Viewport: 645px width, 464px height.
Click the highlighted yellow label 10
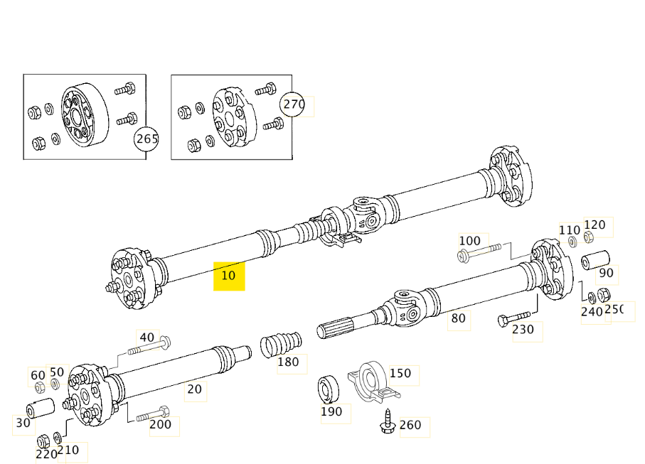tap(229, 276)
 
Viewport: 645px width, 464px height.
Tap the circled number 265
tap(146, 139)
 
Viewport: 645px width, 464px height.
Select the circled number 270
tap(293, 105)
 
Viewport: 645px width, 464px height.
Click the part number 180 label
tap(288, 362)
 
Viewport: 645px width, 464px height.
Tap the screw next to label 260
tap(388, 422)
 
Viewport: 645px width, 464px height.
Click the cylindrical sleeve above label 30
tap(41, 409)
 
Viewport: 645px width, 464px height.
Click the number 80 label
tap(459, 318)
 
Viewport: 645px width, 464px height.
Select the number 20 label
tap(194, 389)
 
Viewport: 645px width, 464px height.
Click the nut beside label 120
tap(589, 237)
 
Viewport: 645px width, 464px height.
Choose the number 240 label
tap(592, 311)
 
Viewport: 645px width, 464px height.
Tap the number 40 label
tap(146, 338)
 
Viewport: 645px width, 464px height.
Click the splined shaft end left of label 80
tap(341, 329)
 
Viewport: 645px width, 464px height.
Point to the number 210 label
tap(69, 450)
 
